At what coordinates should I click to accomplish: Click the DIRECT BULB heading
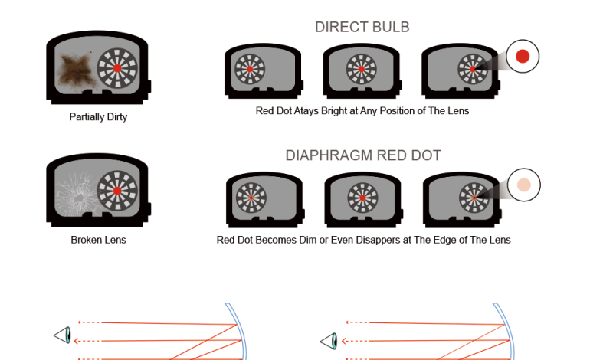(362, 28)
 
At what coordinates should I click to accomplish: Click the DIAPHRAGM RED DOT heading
(363, 155)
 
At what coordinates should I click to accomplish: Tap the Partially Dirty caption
(98, 118)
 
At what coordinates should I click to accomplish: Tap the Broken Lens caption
(98, 240)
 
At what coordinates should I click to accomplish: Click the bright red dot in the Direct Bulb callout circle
(523, 56)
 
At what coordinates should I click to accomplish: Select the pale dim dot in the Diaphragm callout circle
(524, 185)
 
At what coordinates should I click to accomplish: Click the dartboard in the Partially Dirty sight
(117, 67)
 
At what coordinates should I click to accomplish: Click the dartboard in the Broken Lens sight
(117, 190)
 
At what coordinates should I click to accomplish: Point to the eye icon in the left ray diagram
(63, 335)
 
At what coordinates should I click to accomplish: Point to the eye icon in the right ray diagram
(329, 339)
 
